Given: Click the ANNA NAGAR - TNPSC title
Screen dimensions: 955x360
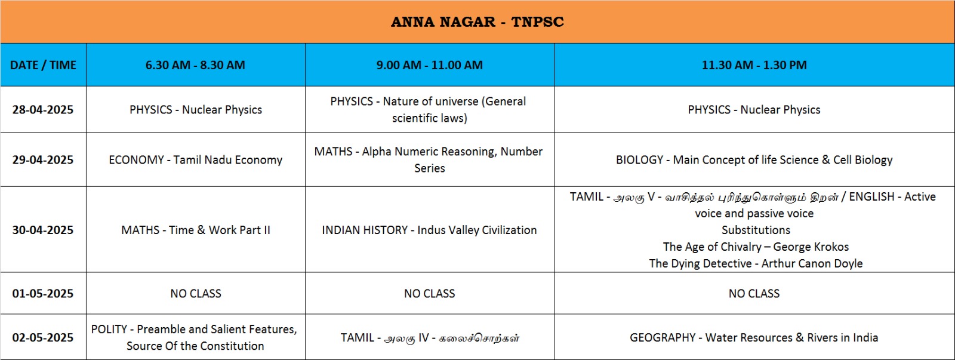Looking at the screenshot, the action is [x=478, y=21].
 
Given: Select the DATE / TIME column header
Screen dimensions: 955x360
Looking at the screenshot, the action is [x=43, y=65].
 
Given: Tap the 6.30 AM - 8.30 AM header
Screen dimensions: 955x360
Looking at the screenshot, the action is [x=195, y=65].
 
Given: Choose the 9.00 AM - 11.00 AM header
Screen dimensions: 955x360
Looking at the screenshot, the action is [x=429, y=65].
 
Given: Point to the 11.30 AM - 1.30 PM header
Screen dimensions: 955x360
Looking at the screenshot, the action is [x=754, y=65].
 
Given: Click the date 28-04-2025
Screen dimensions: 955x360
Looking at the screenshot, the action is [x=42, y=110].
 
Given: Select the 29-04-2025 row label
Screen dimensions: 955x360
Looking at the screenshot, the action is [x=42, y=159].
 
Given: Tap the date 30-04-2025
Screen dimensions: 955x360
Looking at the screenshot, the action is [x=42, y=230].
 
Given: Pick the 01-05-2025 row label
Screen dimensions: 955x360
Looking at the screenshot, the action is [x=42, y=294].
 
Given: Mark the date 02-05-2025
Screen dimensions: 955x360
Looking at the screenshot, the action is [x=42, y=337].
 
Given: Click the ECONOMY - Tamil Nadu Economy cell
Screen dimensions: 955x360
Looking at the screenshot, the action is [x=195, y=159].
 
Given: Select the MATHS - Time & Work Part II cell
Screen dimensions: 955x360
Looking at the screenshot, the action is [x=195, y=230].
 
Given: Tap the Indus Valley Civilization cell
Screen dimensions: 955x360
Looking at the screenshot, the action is [x=429, y=230].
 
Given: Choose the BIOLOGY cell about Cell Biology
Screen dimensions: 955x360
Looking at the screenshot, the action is [x=754, y=159].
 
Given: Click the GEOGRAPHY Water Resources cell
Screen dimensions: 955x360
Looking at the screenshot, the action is [x=754, y=337].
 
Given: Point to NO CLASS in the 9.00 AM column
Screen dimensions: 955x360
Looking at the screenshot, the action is [x=429, y=294].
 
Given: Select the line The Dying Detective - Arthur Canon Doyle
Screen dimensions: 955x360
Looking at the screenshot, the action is [x=756, y=264].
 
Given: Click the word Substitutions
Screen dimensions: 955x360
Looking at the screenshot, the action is [x=756, y=230].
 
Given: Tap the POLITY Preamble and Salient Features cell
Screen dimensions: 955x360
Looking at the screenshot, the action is [x=195, y=337].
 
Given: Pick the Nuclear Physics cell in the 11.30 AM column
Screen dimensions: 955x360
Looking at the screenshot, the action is [x=754, y=110].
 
